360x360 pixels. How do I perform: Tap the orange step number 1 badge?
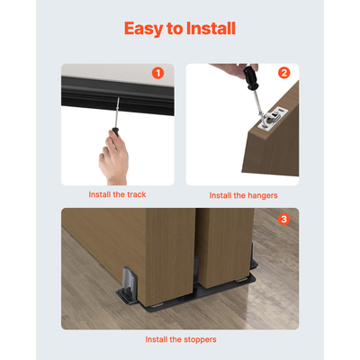[x=157, y=73]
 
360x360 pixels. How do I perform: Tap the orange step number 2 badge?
[x=284, y=73]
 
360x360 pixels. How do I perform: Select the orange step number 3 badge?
[x=284, y=219]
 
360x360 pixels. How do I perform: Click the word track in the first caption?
[x=133, y=194]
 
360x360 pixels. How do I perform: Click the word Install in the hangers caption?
[x=224, y=194]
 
